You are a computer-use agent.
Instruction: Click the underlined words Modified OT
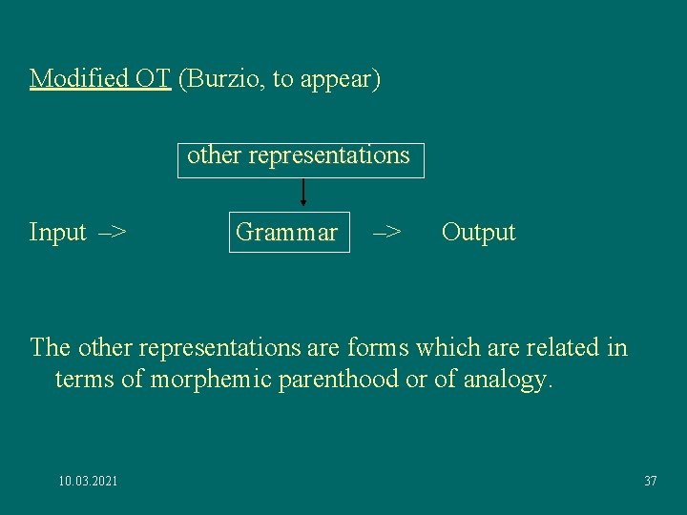tap(100, 78)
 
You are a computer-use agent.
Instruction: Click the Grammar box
tap(288, 233)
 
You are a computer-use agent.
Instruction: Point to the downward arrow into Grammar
tap(302, 194)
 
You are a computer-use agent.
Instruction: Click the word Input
tap(58, 233)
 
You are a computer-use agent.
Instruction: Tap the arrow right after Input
tap(114, 233)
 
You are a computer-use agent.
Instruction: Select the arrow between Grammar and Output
tap(386, 233)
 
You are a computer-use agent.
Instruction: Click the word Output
tap(478, 233)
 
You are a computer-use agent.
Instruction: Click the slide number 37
tap(650, 481)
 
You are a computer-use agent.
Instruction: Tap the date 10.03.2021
tap(88, 481)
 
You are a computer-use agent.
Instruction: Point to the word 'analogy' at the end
tap(507, 379)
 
